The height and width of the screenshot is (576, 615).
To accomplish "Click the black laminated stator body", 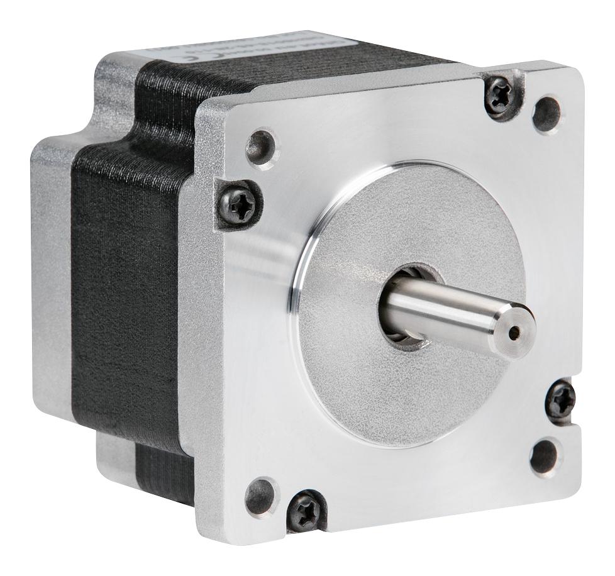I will click(126, 283).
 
